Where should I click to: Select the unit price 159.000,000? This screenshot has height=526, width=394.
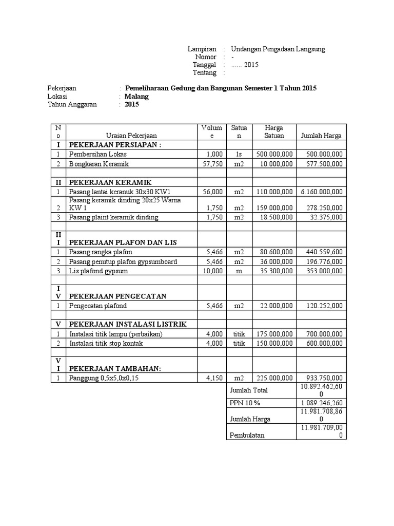[274, 208]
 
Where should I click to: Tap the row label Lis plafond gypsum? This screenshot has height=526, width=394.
[100, 270]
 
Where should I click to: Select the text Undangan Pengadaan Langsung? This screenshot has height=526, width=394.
[278, 49]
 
